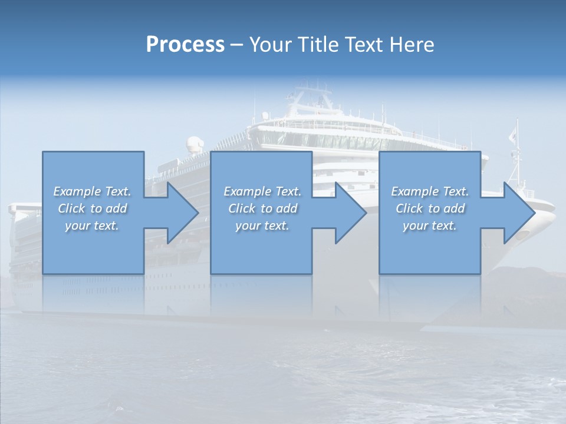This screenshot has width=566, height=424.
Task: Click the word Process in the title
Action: point(185,45)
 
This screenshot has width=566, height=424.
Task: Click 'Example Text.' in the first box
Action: point(93,191)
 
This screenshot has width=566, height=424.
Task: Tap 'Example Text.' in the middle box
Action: point(262,191)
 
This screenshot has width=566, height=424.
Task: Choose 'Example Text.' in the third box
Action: point(430,191)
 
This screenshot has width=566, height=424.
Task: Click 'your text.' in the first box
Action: point(92,226)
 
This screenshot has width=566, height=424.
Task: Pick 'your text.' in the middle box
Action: point(262,226)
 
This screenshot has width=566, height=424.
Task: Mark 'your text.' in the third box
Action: point(429,226)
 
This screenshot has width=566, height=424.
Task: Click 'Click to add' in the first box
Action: point(93,208)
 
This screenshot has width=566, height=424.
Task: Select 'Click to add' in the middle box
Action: point(262,208)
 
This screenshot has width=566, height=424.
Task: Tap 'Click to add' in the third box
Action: point(430,208)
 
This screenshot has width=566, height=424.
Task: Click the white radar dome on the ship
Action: point(194,144)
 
